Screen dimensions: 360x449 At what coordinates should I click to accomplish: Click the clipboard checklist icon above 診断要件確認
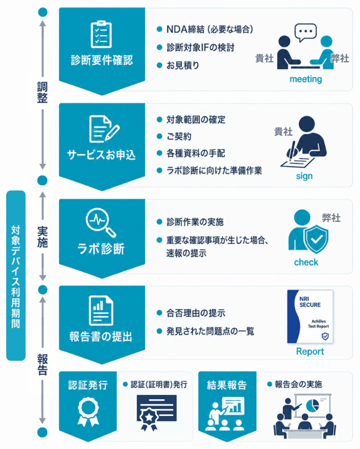[101, 34]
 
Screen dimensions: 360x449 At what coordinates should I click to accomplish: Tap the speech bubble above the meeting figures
[306, 32]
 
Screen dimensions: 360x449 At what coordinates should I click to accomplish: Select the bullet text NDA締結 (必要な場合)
[210, 29]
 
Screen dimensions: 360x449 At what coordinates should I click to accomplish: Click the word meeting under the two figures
[306, 78]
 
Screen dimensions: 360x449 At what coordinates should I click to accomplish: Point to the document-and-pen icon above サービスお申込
[104, 129]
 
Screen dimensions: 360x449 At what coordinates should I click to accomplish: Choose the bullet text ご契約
[179, 136]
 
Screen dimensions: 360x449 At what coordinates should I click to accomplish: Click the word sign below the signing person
[304, 176]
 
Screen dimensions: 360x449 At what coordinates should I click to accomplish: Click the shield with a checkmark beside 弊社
[316, 239]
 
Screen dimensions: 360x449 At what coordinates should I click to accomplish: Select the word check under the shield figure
[306, 262]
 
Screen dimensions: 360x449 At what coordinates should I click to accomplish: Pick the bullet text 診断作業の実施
[195, 222]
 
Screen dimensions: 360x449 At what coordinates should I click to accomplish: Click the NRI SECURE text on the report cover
[310, 302]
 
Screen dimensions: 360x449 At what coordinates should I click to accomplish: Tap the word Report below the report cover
[310, 351]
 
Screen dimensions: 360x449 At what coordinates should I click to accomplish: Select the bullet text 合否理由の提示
[196, 313]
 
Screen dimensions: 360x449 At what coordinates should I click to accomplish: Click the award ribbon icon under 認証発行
[88, 413]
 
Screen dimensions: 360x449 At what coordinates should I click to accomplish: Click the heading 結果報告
[227, 385]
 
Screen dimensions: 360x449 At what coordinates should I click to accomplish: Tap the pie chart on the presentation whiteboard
[313, 405]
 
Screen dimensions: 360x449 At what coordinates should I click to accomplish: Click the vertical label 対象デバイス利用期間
[16, 276]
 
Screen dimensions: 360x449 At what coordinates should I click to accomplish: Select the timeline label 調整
[42, 92]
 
